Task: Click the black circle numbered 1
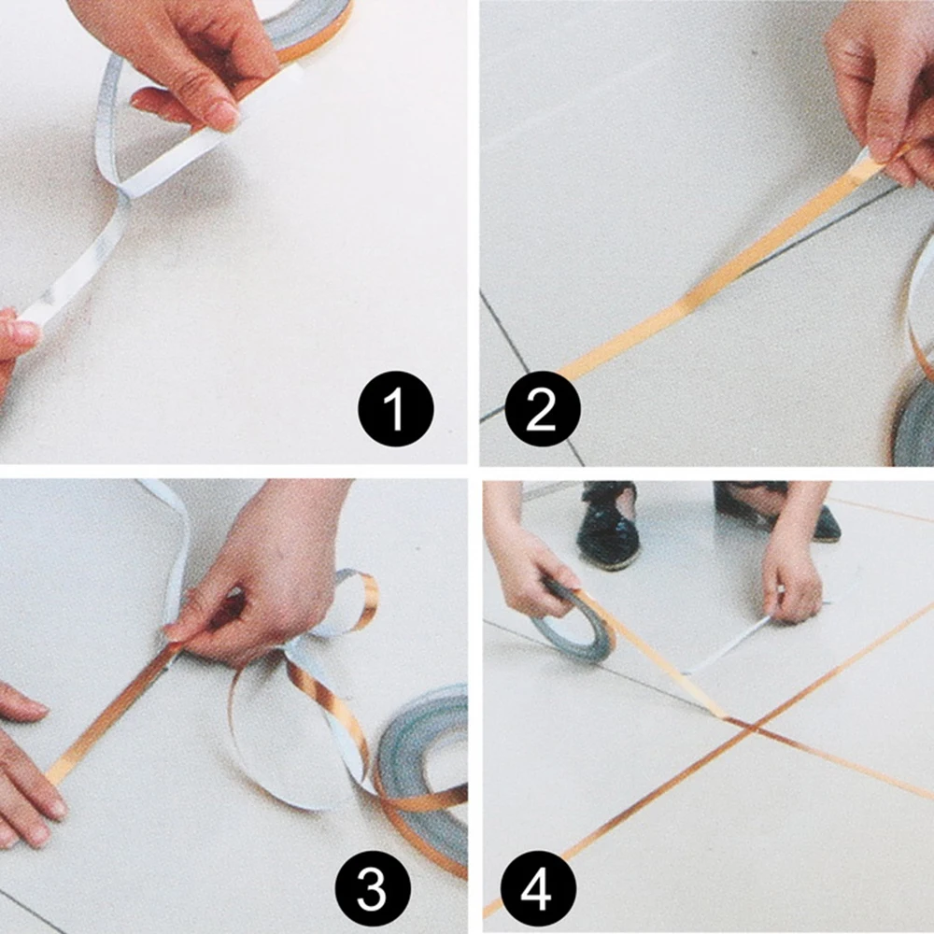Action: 396,409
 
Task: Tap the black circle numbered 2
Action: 543,409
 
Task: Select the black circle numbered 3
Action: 373,888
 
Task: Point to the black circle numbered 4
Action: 539,889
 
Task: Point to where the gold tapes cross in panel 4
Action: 752,728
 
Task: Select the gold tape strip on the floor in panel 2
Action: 721,269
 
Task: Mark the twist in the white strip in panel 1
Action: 123,191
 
